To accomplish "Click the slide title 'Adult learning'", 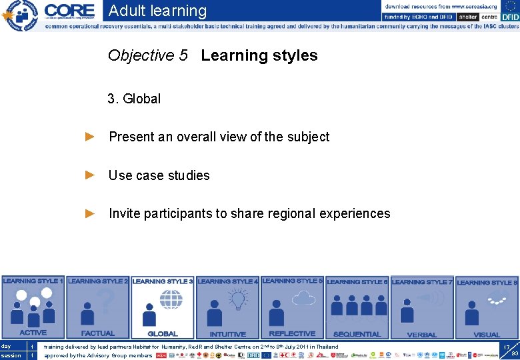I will click(x=157, y=11).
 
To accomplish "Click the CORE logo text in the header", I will click(x=69, y=11).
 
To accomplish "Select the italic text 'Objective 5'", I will click(x=147, y=55).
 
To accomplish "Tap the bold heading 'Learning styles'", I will click(x=259, y=55).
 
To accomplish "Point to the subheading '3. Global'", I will click(x=134, y=99).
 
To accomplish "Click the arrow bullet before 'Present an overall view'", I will click(x=91, y=137).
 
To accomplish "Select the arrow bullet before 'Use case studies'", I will click(x=91, y=175).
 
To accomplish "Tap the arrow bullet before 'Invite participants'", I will click(x=91, y=213).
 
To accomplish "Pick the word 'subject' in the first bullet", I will click(x=308, y=137).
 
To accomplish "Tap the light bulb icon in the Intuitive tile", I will click(x=238, y=300).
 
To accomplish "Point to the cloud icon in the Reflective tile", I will click(x=303, y=298).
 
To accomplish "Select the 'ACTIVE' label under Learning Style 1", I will click(x=33, y=333).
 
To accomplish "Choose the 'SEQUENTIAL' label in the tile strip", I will click(x=357, y=334).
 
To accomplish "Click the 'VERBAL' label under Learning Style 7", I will click(x=421, y=335).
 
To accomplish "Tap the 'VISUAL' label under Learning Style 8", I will click(x=486, y=335).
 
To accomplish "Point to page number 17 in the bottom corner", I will click(x=507, y=347).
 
